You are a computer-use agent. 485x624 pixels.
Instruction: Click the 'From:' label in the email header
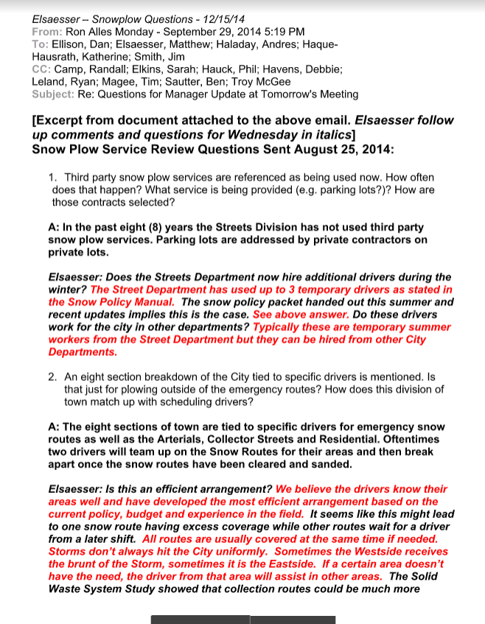(46, 32)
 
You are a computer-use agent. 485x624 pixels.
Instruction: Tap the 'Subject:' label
(53, 94)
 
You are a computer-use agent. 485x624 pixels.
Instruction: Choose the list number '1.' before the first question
(54, 178)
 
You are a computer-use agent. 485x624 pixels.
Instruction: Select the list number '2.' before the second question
(54, 376)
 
